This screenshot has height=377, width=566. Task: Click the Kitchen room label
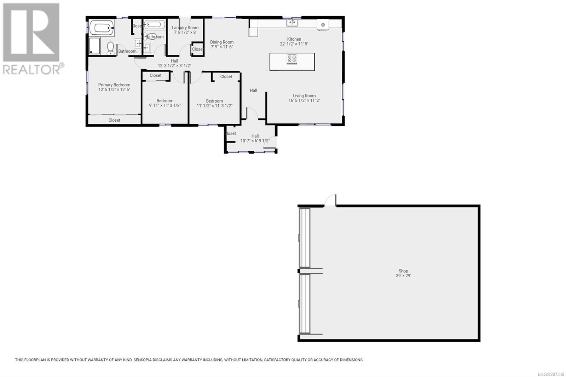click(294, 39)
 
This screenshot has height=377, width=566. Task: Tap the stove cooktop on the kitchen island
click(292, 59)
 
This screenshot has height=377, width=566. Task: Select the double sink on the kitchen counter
click(292, 23)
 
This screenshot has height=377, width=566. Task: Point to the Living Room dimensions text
click(304, 100)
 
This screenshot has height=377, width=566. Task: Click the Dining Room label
click(222, 42)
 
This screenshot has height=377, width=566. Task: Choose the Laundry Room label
click(185, 28)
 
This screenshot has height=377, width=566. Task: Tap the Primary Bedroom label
click(114, 85)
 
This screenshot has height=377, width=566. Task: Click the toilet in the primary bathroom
click(110, 48)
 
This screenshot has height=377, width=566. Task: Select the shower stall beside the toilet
click(94, 46)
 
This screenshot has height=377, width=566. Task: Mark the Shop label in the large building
click(403, 271)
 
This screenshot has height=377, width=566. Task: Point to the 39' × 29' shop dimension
click(403, 275)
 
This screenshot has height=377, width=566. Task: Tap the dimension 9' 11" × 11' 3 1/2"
click(165, 105)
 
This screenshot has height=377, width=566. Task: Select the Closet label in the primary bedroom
click(114, 120)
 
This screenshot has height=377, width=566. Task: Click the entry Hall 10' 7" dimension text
click(255, 141)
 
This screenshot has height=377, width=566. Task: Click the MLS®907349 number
click(551, 374)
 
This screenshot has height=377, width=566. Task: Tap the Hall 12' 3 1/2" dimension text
click(174, 66)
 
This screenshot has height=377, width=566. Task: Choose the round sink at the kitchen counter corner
click(323, 25)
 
